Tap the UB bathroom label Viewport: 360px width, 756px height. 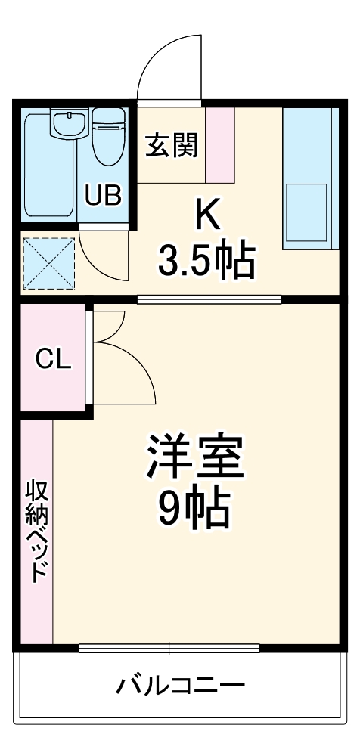pos(102,196)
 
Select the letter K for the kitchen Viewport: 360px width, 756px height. pos(207,217)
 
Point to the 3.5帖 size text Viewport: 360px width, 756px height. pos(205,260)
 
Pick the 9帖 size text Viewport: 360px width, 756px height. pos(194,511)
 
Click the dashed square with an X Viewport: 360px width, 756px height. pos(48,264)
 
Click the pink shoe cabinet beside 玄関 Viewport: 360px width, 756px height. pos(220,145)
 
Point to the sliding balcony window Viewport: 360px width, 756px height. pos(169,648)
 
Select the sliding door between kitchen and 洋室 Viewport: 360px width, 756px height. pos(209,299)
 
